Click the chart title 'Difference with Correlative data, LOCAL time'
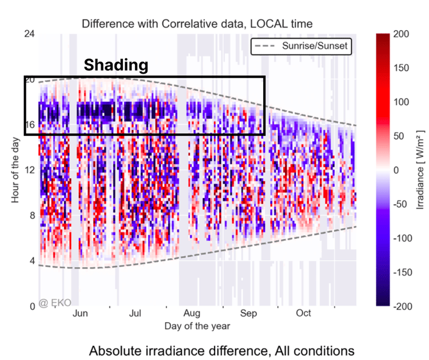click(x=197, y=24)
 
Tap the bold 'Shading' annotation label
click(x=117, y=65)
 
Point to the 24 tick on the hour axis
click(x=28, y=33)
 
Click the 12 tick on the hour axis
click(x=28, y=170)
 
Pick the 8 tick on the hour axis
click(x=31, y=215)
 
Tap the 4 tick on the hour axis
click(x=31, y=261)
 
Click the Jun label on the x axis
click(x=80, y=313)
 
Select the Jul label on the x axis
click(x=135, y=313)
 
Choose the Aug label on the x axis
click(x=191, y=313)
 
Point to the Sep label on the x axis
click(x=248, y=313)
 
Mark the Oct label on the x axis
click(x=304, y=313)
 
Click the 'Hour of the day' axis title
click(x=15, y=170)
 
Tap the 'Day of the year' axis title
click(x=197, y=325)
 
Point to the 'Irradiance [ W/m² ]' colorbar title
click(x=421, y=170)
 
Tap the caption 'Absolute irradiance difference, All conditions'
click(x=222, y=351)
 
